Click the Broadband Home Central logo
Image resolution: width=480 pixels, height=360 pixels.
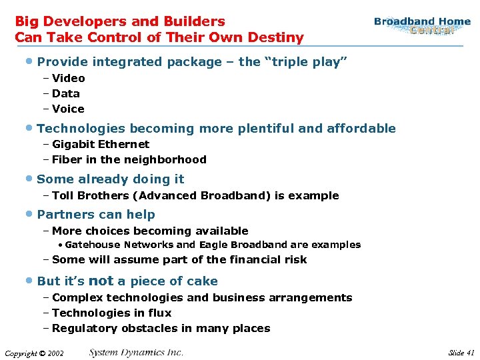(422, 26)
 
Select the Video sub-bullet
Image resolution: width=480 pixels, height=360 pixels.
(68, 78)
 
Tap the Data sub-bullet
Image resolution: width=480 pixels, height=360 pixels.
(65, 93)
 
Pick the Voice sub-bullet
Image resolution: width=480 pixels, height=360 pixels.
(68, 109)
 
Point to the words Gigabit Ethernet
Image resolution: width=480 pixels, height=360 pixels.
(101, 144)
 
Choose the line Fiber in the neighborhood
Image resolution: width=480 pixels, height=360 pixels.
(129, 159)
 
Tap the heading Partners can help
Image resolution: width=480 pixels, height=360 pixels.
(96, 215)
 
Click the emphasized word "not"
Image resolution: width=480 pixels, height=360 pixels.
(101, 281)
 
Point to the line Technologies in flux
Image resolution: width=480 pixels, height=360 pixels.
(111, 313)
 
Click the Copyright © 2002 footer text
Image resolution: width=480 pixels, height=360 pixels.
(34, 353)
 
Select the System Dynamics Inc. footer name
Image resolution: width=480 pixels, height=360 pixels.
(136, 352)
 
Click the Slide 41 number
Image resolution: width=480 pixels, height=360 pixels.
(461, 353)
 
